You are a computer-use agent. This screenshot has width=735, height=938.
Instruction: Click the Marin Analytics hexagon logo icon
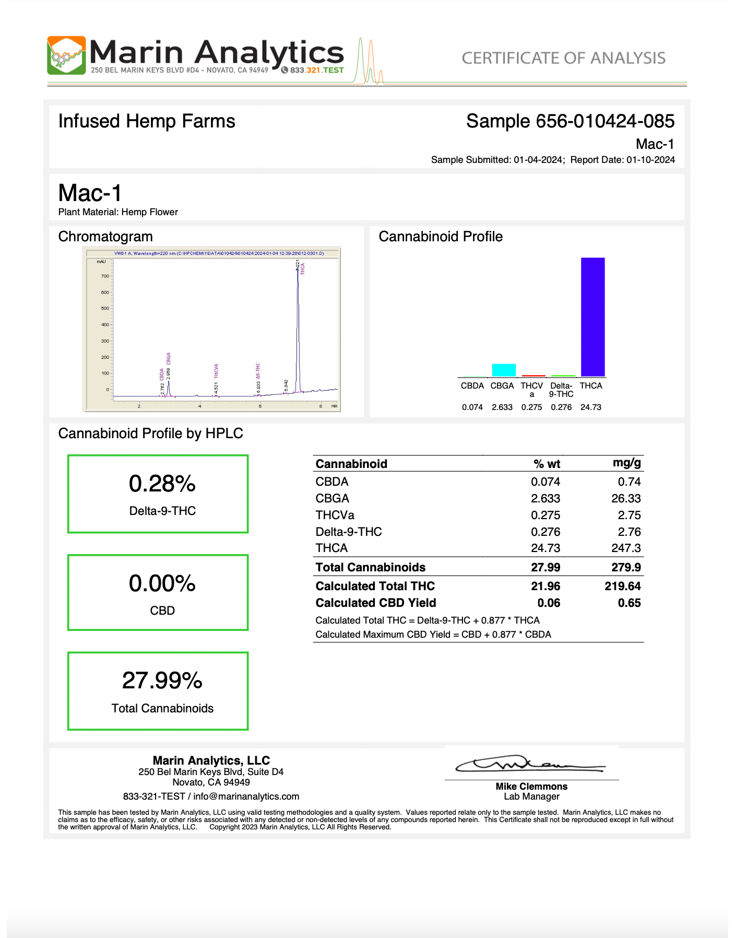coord(66,55)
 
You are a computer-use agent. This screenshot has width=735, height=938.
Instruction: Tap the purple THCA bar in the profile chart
coord(592,316)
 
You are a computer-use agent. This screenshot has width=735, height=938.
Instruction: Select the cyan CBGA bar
coord(504,370)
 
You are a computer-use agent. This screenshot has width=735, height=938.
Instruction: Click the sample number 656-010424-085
coord(605,121)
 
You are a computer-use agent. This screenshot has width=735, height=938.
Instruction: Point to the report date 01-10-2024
coord(650,160)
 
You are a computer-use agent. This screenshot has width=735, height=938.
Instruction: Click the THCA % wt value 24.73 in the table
coord(546,548)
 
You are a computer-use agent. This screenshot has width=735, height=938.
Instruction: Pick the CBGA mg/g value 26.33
coord(626,498)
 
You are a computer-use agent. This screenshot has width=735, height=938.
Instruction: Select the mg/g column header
coord(626,463)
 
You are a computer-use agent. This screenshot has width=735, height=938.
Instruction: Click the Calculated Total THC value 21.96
coord(546,586)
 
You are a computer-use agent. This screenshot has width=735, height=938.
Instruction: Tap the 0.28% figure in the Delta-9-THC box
coord(162,484)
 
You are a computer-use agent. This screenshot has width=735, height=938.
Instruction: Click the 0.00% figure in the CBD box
coord(162,583)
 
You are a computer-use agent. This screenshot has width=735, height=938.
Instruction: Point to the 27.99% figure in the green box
coord(162,681)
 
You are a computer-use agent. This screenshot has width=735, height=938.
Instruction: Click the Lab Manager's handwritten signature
coord(530,765)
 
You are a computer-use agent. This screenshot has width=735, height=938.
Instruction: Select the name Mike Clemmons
coord(531,787)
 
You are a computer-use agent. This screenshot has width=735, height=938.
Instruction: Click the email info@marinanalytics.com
coord(246,796)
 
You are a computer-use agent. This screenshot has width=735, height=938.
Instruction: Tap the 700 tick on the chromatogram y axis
coord(105,276)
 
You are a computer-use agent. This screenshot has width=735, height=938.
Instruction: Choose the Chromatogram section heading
coord(105,237)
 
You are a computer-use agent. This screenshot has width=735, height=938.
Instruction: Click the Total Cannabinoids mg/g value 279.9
coord(626,567)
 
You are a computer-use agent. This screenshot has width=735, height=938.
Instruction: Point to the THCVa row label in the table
coord(335,515)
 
